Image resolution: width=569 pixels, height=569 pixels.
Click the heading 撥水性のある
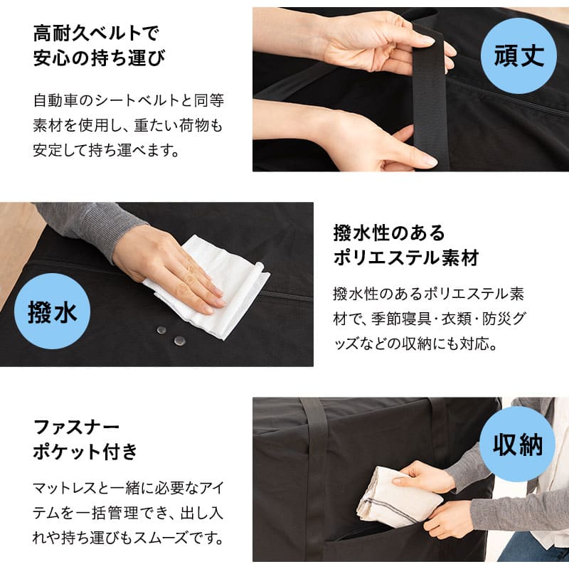click(389, 233)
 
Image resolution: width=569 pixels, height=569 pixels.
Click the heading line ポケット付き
click(85, 452)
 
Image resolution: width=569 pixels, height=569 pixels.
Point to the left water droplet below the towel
click(161, 330)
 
